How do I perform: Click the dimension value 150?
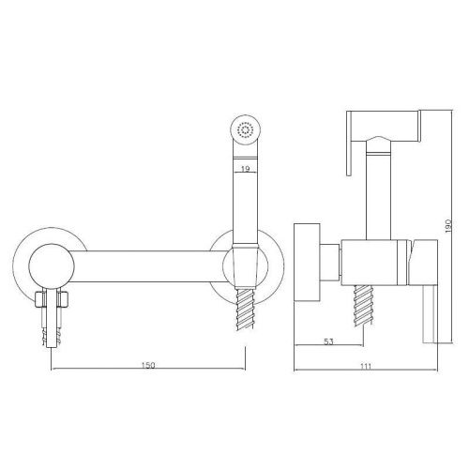[x=148, y=365]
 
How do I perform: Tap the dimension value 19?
[x=246, y=169]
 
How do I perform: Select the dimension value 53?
[x=328, y=341]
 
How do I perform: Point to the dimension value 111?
[x=366, y=367]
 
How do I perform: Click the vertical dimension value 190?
[x=448, y=226]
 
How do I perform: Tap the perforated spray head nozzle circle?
[x=246, y=129]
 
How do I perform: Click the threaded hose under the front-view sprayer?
[x=246, y=308]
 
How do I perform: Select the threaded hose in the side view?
[x=363, y=306]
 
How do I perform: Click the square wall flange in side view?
[x=308, y=263]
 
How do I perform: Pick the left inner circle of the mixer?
[x=52, y=266]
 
